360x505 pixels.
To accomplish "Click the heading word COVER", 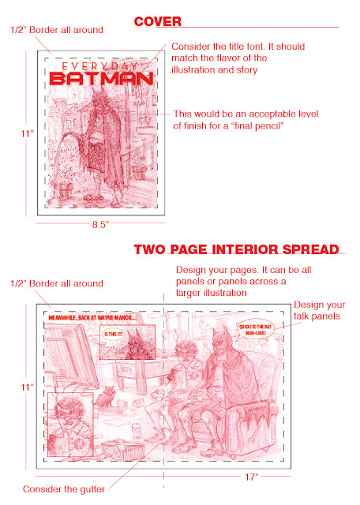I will [x=158, y=22].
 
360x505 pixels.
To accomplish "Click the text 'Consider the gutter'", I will [x=65, y=489].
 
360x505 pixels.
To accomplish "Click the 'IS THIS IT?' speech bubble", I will [x=114, y=335].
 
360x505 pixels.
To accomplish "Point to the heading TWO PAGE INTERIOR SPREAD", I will [x=236, y=250].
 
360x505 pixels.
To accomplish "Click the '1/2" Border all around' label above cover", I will [x=56, y=30].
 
